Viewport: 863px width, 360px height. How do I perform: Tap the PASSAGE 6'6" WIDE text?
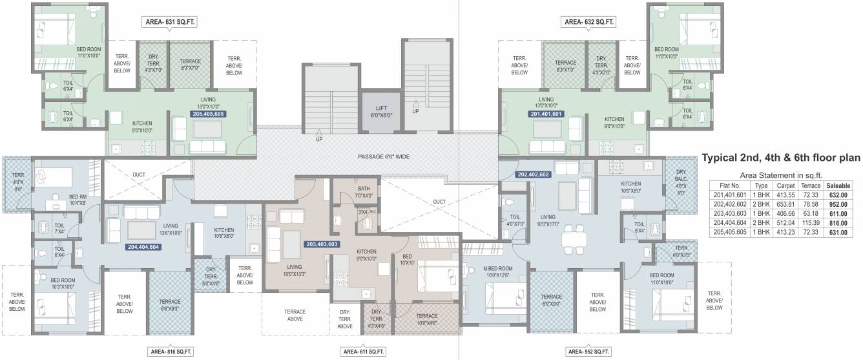[x=384, y=157]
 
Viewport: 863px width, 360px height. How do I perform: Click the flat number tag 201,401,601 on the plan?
[x=546, y=114]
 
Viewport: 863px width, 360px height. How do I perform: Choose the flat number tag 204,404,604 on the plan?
[x=143, y=247]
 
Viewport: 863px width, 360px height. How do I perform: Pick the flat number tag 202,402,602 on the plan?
[x=533, y=175]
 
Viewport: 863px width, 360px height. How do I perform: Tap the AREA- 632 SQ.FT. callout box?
[x=589, y=23]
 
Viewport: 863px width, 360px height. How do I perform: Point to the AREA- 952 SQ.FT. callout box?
[x=590, y=352]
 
